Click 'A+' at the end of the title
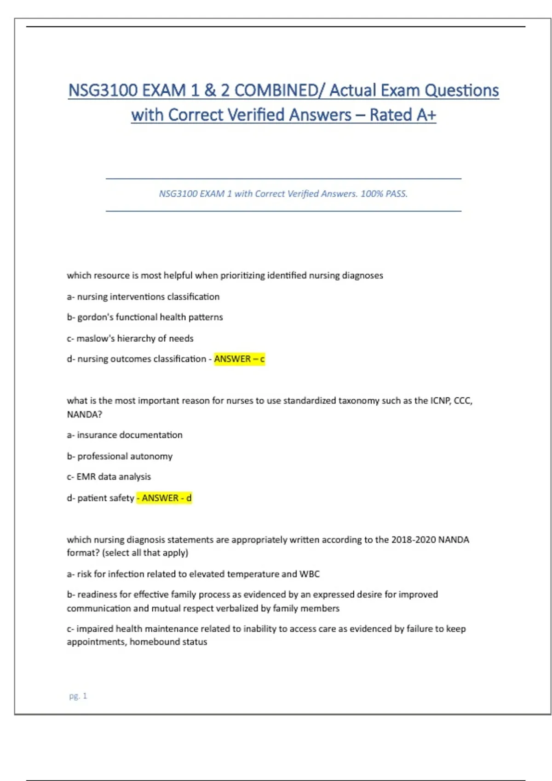pos(425,115)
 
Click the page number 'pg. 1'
pos(78,696)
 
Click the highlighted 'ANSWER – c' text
pos(239,359)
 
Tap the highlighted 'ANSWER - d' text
pos(165,498)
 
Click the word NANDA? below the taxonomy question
pos(84,414)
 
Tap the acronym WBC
pos(309,574)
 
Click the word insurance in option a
pos(96,435)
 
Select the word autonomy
pos(155,456)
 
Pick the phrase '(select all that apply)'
pos(145,553)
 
